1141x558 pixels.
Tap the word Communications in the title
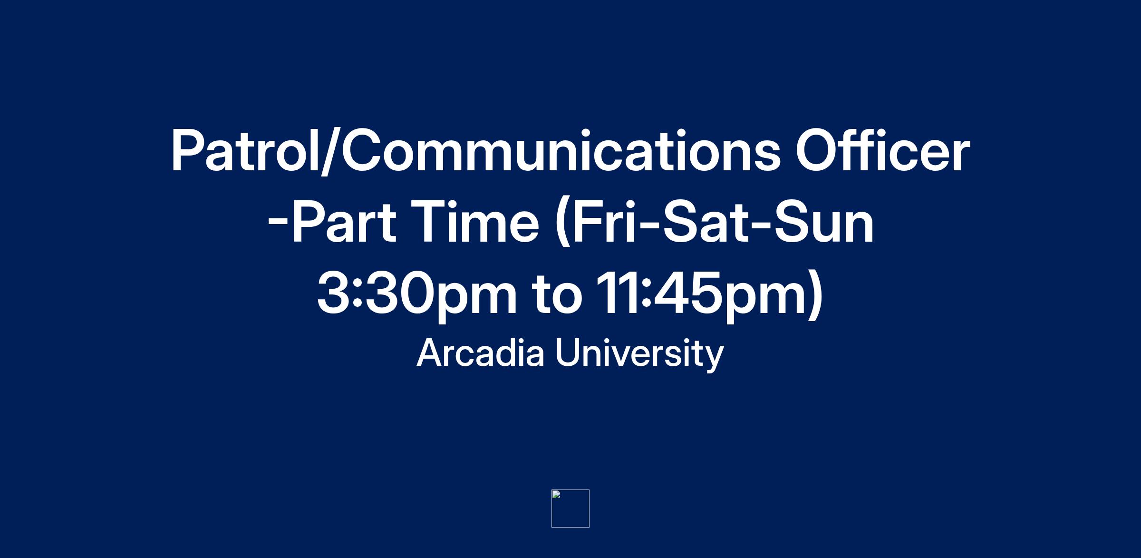click(x=561, y=151)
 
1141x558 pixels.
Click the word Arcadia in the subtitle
click(x=480, y=353)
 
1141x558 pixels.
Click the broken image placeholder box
click(x=570, y=509)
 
